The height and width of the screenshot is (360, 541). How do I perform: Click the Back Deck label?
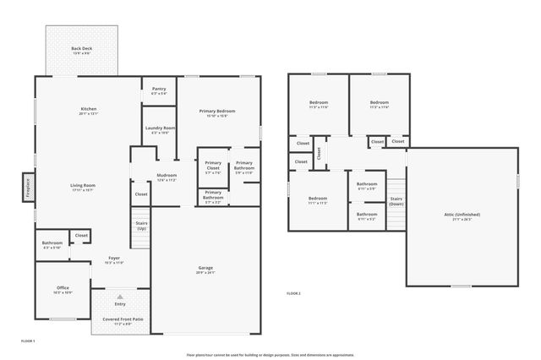[81, 50]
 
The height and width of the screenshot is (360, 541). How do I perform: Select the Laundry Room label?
[159, 129]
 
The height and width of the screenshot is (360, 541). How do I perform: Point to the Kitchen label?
[88, 111]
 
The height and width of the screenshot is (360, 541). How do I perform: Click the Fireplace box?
[27, 185]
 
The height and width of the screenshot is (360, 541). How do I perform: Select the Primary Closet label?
[213, 165]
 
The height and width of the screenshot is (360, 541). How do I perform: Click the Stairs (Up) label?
[141, 226]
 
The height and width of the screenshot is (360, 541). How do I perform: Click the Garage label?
[205, 270]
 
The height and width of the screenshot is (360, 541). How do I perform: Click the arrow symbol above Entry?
[119, 297]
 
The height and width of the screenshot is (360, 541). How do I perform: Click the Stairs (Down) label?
[396, 202]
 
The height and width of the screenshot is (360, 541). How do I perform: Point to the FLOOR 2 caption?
[293, 292]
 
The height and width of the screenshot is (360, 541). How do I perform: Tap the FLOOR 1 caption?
[28, 340]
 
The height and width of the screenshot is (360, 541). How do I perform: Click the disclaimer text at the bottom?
[270, 355]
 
